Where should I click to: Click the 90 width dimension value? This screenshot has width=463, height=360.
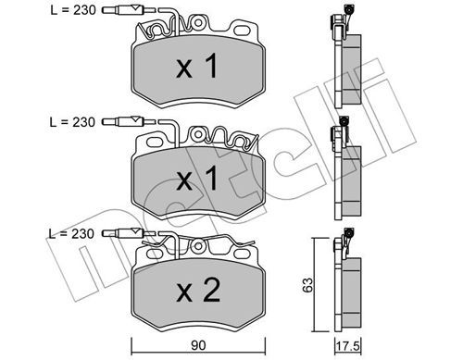pos(198,346)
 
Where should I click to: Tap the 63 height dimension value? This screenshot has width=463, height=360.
pos(307,285)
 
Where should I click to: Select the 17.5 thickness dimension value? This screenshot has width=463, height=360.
pos(348,346)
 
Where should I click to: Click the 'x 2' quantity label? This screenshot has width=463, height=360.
pos(198,291)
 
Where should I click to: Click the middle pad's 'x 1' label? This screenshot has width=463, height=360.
pos(197,180)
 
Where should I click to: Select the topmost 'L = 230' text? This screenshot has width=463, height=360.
pos(73,10)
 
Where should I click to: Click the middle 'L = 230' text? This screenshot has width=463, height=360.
pos(72,122)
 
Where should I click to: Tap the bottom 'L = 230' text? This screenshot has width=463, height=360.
pos(71,233)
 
